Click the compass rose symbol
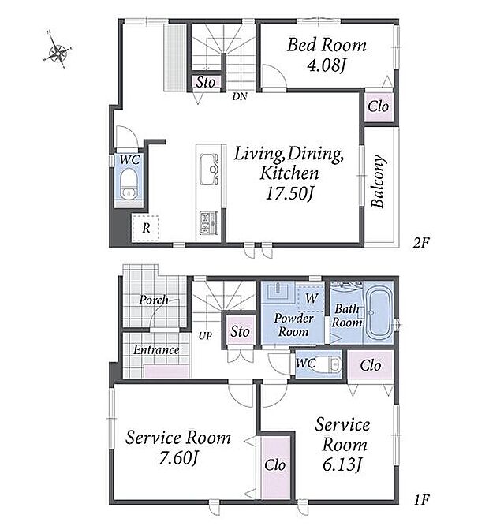(x=58, y=50)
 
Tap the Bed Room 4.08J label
(x=327, y=54)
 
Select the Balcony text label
(x=378, y=181)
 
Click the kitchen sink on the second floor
(x=209, y=170)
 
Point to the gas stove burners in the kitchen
(x=209, y=222)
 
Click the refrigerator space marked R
(x=145, y=228)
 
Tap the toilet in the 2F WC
(x=129, y=184)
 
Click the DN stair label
(x=240, y=97)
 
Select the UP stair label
(x=205, y=335)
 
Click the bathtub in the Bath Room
(x=378, y=312)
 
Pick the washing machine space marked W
(x=311, y=298)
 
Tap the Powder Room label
(x=293, y=325)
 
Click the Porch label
(x=154, y=300)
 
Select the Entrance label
(x=156, y=350)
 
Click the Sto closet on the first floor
(x=240, y=331)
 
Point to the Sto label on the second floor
(x=206, y=82)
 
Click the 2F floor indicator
(x=421, y=243)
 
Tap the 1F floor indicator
(x=421, y=500)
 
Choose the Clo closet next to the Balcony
(x=379, y=107)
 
